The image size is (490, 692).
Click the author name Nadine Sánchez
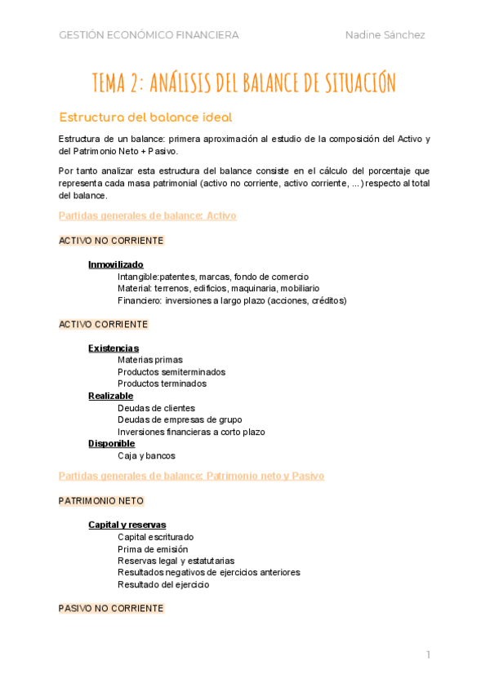[x=385, y=35]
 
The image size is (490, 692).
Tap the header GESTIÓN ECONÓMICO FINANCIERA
[x=149, y=35]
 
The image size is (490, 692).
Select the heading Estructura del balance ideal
[x=145, y=116]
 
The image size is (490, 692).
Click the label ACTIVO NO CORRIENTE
[x=111, y=241]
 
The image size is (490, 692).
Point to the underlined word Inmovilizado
[x=116, y=264]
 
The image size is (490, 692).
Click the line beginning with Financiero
[x=232, y=300]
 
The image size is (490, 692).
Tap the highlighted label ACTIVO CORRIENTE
[x=104, y=324]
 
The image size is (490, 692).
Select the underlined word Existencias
[x=114, y=348]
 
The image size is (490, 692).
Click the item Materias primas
[x=150, y=360]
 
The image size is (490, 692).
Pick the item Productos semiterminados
[x=171, y=372]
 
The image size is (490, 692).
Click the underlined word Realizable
[x=111, y=396]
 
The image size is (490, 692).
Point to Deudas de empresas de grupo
[x=180, y=419]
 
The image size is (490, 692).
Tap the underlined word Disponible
[x=112, y=443]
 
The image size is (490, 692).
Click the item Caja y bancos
[x=146, y=455]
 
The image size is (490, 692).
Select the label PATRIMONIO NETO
[x=101, y=500]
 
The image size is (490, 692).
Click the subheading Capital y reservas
[x=127, y=525]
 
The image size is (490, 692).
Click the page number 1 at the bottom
[x=427, y=654]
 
